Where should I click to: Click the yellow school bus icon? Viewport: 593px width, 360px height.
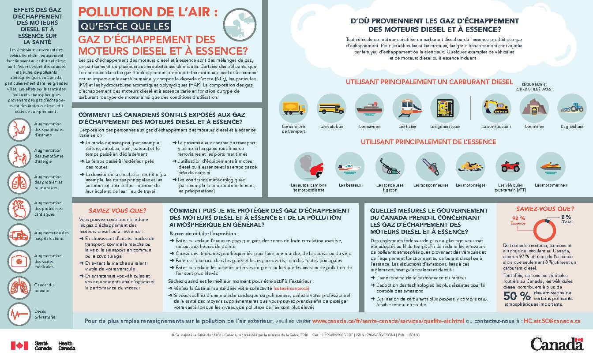(x=331, y=108)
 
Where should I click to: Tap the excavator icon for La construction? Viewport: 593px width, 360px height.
(x=496, y=108)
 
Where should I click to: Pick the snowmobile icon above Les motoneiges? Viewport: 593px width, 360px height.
(x=470, y=167)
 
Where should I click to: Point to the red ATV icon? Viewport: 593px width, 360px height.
(x=510, y=167)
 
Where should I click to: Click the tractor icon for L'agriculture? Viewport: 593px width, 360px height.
(x=572, y=108)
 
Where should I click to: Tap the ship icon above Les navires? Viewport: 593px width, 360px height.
(x=369, y=108)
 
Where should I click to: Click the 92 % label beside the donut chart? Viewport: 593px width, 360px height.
(x=518, y=219)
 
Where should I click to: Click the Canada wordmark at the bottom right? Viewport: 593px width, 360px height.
(x=557, y=344)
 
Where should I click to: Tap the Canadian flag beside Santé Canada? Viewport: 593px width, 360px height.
(x=19, y=345)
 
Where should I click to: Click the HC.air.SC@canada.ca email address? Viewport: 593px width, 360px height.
(x=552, y=321)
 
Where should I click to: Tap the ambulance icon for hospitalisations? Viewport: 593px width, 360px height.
(x=19, y=235)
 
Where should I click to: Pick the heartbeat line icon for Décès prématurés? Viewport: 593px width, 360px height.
(x=19, y=314)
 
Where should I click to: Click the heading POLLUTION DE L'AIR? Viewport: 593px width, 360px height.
(x=148, y=12)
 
